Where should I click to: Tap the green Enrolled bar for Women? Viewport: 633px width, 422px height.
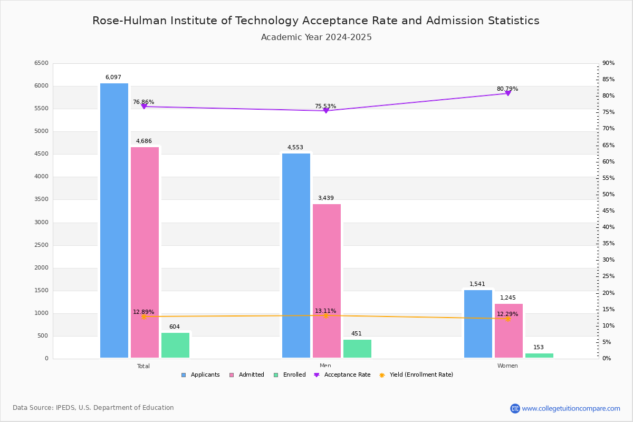pos(539,356)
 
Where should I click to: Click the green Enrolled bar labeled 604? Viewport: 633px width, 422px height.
pos(175,345)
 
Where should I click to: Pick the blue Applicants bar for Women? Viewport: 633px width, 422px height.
pos(478,324)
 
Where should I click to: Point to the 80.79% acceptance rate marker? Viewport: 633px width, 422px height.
pos(507,93)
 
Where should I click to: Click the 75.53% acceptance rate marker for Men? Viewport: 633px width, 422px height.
pos(325,111)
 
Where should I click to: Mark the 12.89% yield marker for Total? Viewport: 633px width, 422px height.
pos(143,317)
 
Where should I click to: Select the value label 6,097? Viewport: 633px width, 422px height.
pos(113,78)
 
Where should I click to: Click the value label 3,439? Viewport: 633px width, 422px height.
pos(325,198)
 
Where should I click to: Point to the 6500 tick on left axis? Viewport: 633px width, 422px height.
pos(41,63)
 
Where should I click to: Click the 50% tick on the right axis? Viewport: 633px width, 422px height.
pos(608,195)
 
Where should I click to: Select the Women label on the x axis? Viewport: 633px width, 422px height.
pos(507,366)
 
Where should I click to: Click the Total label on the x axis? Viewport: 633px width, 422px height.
pos(143,366)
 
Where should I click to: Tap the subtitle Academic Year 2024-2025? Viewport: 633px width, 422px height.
pos(316,37)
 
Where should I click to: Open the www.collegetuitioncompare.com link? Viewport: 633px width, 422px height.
pos(571,408)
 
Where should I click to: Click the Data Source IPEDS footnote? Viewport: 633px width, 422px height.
pos(93,408)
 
